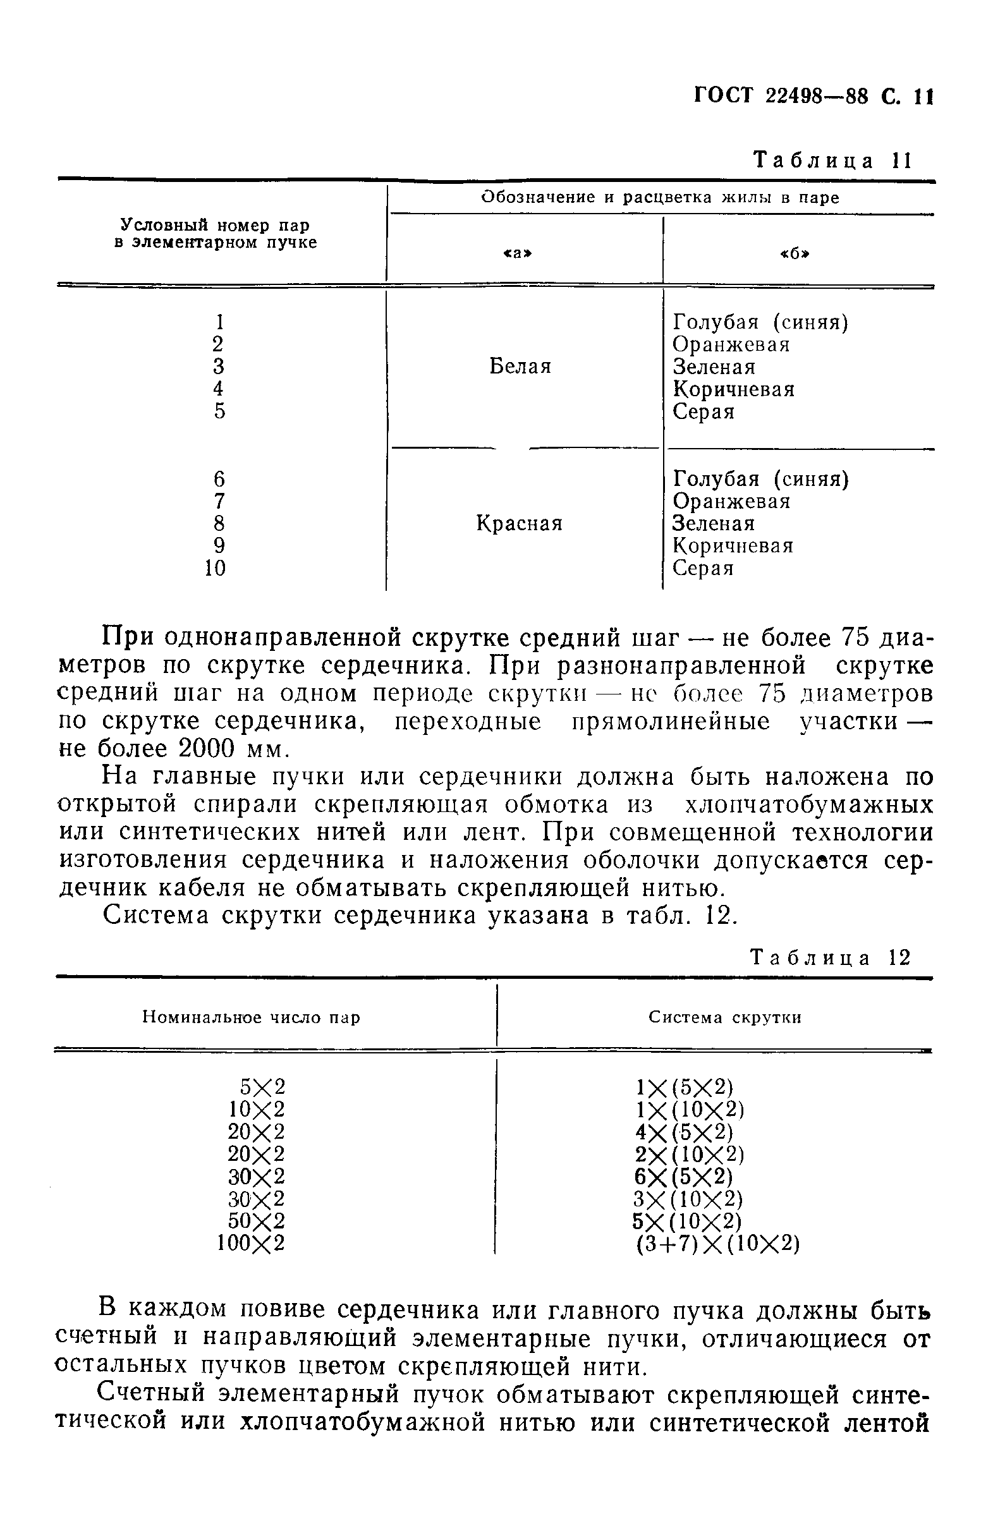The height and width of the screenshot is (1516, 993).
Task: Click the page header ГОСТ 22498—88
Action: pos(780,97)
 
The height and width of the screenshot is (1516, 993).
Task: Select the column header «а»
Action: pos(518,253)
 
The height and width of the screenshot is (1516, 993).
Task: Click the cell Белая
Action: pos(520,367)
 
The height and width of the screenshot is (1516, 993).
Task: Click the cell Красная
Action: pos(519,524)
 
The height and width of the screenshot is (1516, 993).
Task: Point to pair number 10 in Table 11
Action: pos(216,567)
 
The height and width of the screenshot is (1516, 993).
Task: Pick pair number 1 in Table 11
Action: pos(219,322)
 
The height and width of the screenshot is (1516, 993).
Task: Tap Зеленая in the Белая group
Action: pos(714,367)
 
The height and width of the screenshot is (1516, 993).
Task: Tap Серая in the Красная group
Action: pos(703,568)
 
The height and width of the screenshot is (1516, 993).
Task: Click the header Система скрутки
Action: pos(725,1017)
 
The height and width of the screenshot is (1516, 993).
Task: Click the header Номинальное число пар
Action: pos(251,1017)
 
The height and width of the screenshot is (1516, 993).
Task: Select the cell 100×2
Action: pos(250,1243)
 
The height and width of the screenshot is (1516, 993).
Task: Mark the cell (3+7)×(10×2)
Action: pos(717,1244)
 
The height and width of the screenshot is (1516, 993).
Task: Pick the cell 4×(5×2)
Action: pos(683,1132)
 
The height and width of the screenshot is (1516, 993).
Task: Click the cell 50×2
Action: pos(256,1220)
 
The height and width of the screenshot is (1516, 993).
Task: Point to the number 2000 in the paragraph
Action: pos(208,749)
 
